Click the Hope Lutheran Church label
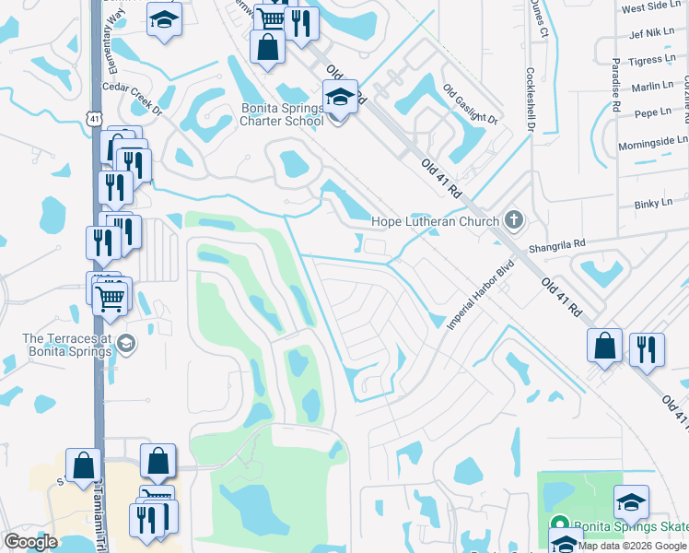435,221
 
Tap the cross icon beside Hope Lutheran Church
514,220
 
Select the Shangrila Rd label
556,247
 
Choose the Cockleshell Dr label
531,97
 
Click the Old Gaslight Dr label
470,105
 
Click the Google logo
31,542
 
